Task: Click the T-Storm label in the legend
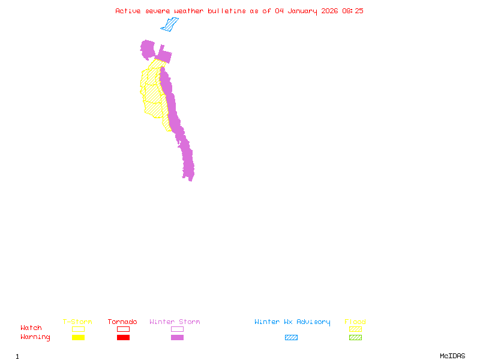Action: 77,322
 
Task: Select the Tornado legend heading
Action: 122,322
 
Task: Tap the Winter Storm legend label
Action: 175,322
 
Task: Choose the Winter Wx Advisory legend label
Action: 292,322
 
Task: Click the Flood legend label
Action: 355,322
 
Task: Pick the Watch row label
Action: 31,328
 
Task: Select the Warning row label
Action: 35,337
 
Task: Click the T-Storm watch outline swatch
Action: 78,329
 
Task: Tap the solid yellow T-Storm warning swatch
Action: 78,338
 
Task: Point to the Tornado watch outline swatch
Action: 123,329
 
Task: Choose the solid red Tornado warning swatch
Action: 123,338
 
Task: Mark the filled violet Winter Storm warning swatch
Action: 177,338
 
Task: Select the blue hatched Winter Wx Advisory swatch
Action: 291,338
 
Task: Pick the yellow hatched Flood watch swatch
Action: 355,329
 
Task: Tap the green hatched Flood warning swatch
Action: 355,338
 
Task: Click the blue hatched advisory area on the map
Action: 170,25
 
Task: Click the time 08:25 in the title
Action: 353,11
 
